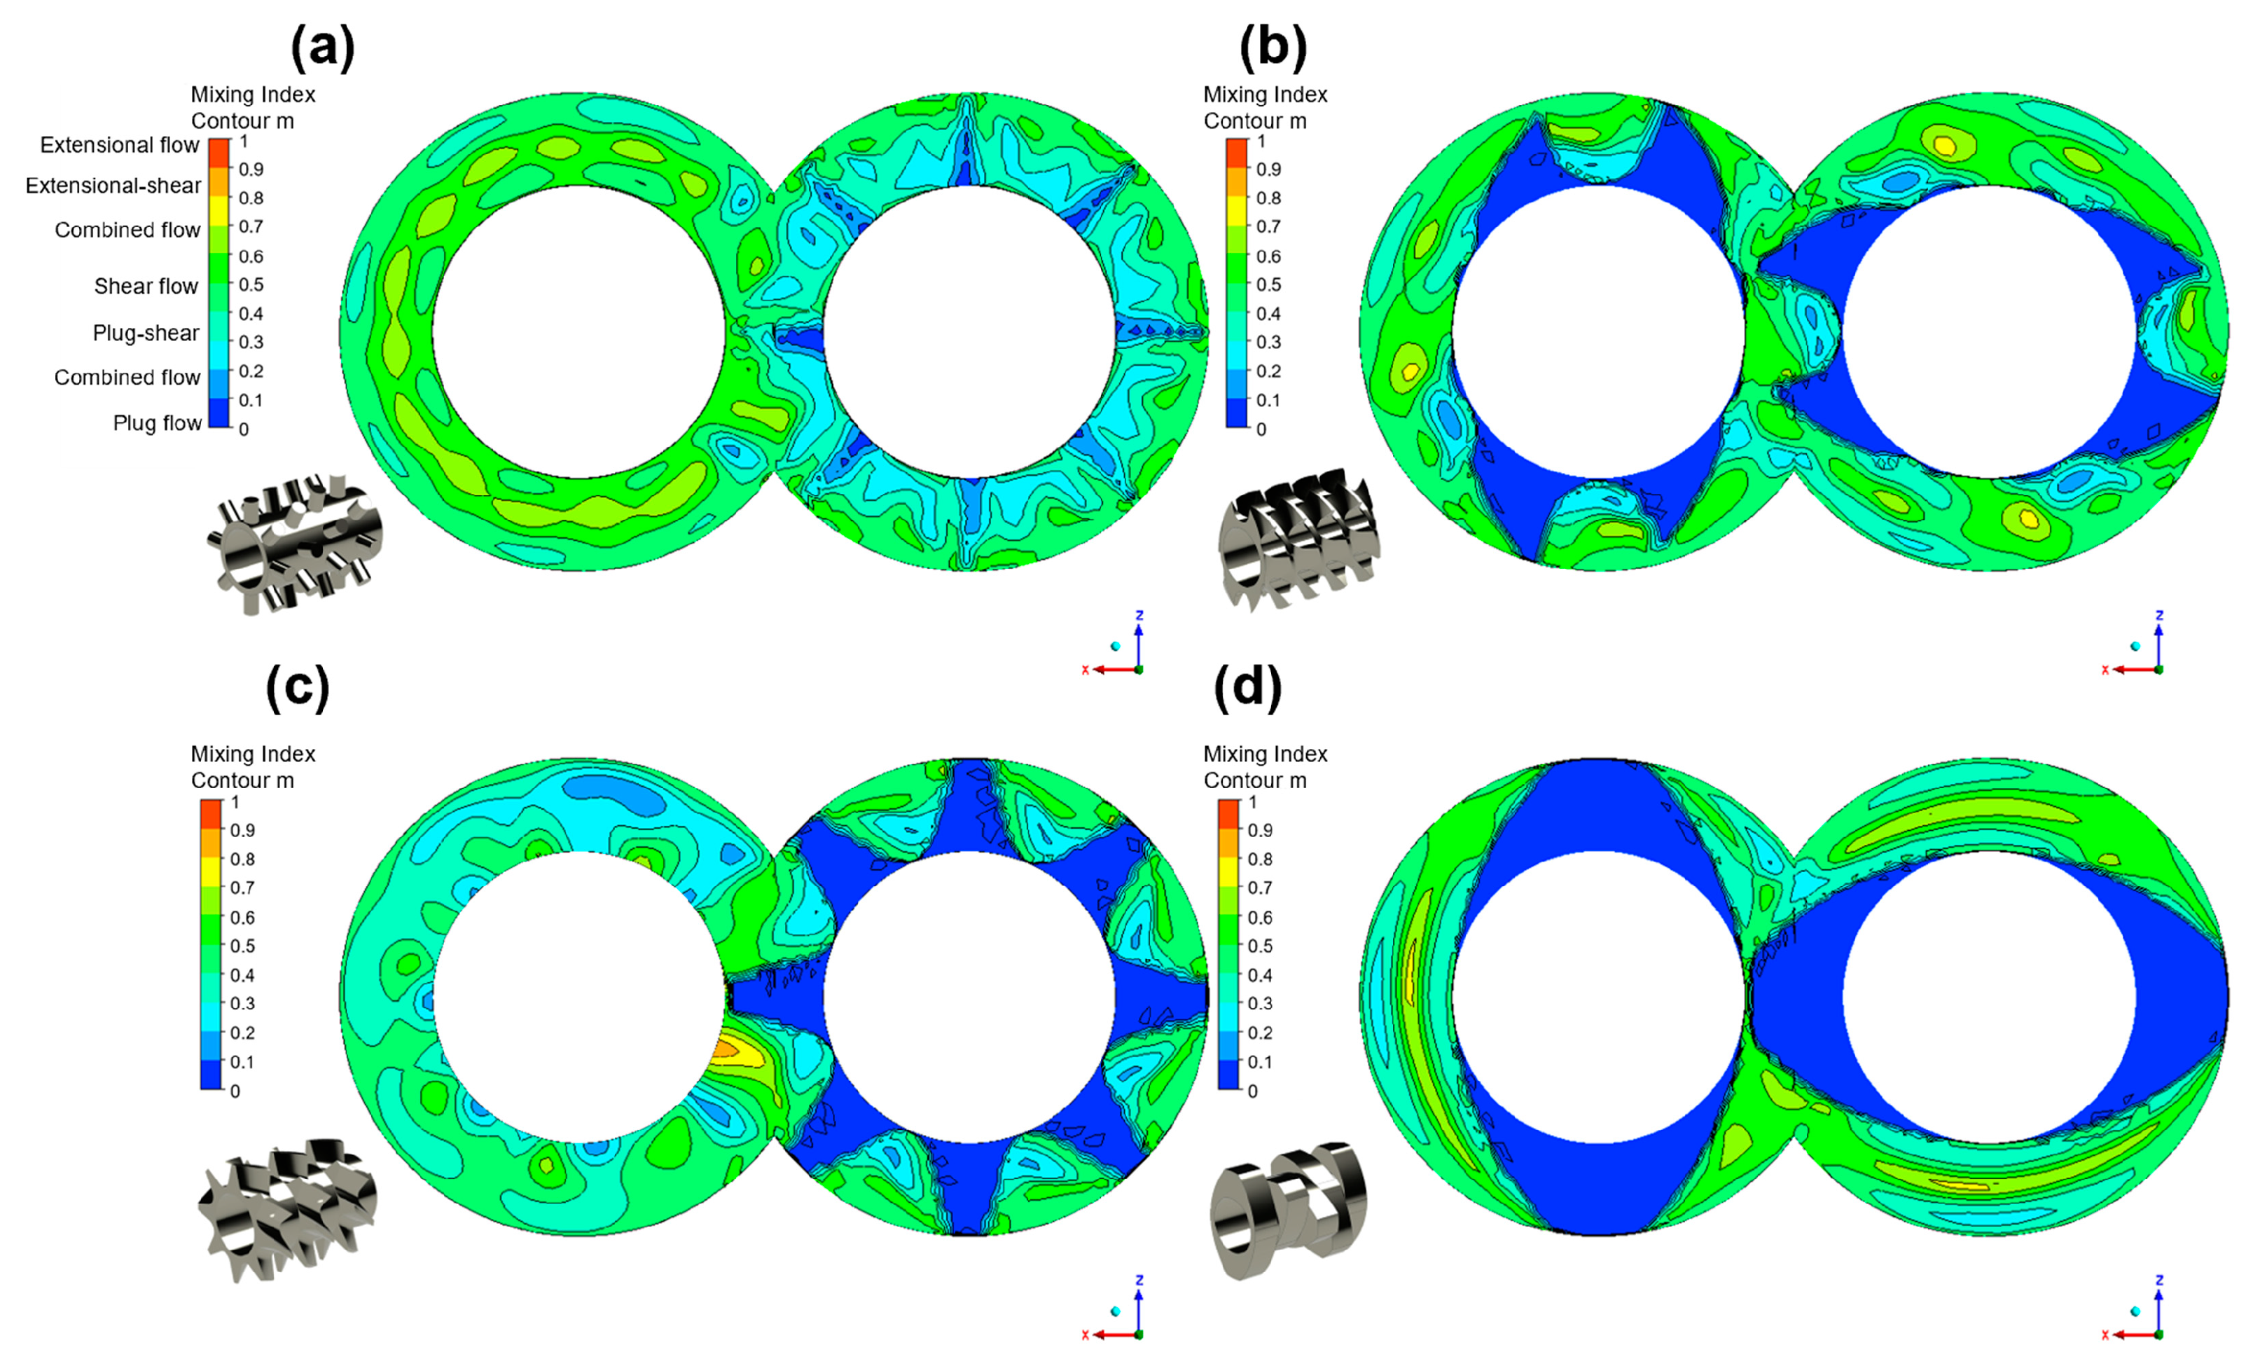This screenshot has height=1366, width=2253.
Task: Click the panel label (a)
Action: tap(322, 46)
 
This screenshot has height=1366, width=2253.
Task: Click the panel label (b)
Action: tap(1273, 46)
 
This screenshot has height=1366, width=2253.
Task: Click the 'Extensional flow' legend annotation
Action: tap(119, 146)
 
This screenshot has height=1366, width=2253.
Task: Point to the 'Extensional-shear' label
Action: tap(113, 186)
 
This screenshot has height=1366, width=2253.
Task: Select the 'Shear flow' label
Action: tap(146, 287)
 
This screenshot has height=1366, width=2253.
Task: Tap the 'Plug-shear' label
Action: tap(146, 333)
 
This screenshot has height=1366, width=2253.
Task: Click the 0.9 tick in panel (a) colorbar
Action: tap(251, 169)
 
